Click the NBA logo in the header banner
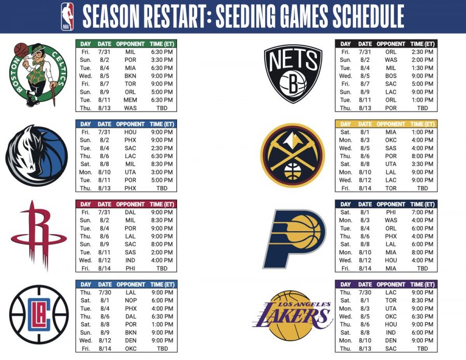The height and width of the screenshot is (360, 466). coord(67,16)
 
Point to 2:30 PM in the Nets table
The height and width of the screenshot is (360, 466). coord(423,52)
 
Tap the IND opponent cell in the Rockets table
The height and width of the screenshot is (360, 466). coord(130,260)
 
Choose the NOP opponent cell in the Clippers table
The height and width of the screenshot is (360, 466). coord(130,300)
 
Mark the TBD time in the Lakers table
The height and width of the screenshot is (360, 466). coord(423,348)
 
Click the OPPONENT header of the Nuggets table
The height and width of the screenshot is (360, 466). coord(390,124)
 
